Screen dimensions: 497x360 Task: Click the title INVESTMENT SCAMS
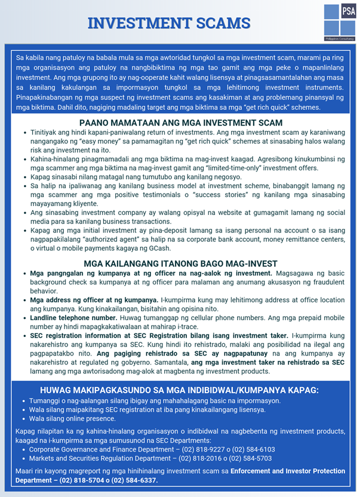click(x=168, y=23)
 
